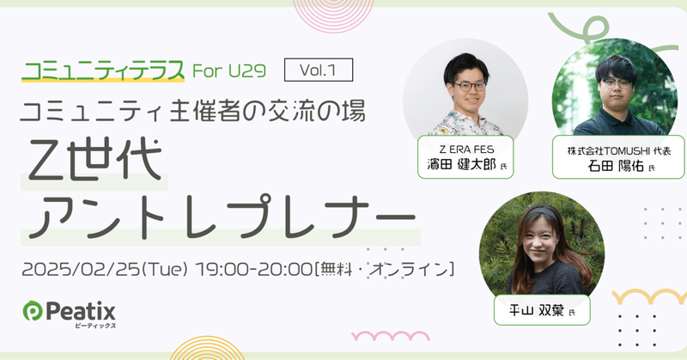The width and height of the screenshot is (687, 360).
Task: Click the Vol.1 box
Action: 324,68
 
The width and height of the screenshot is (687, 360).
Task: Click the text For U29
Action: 237,70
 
